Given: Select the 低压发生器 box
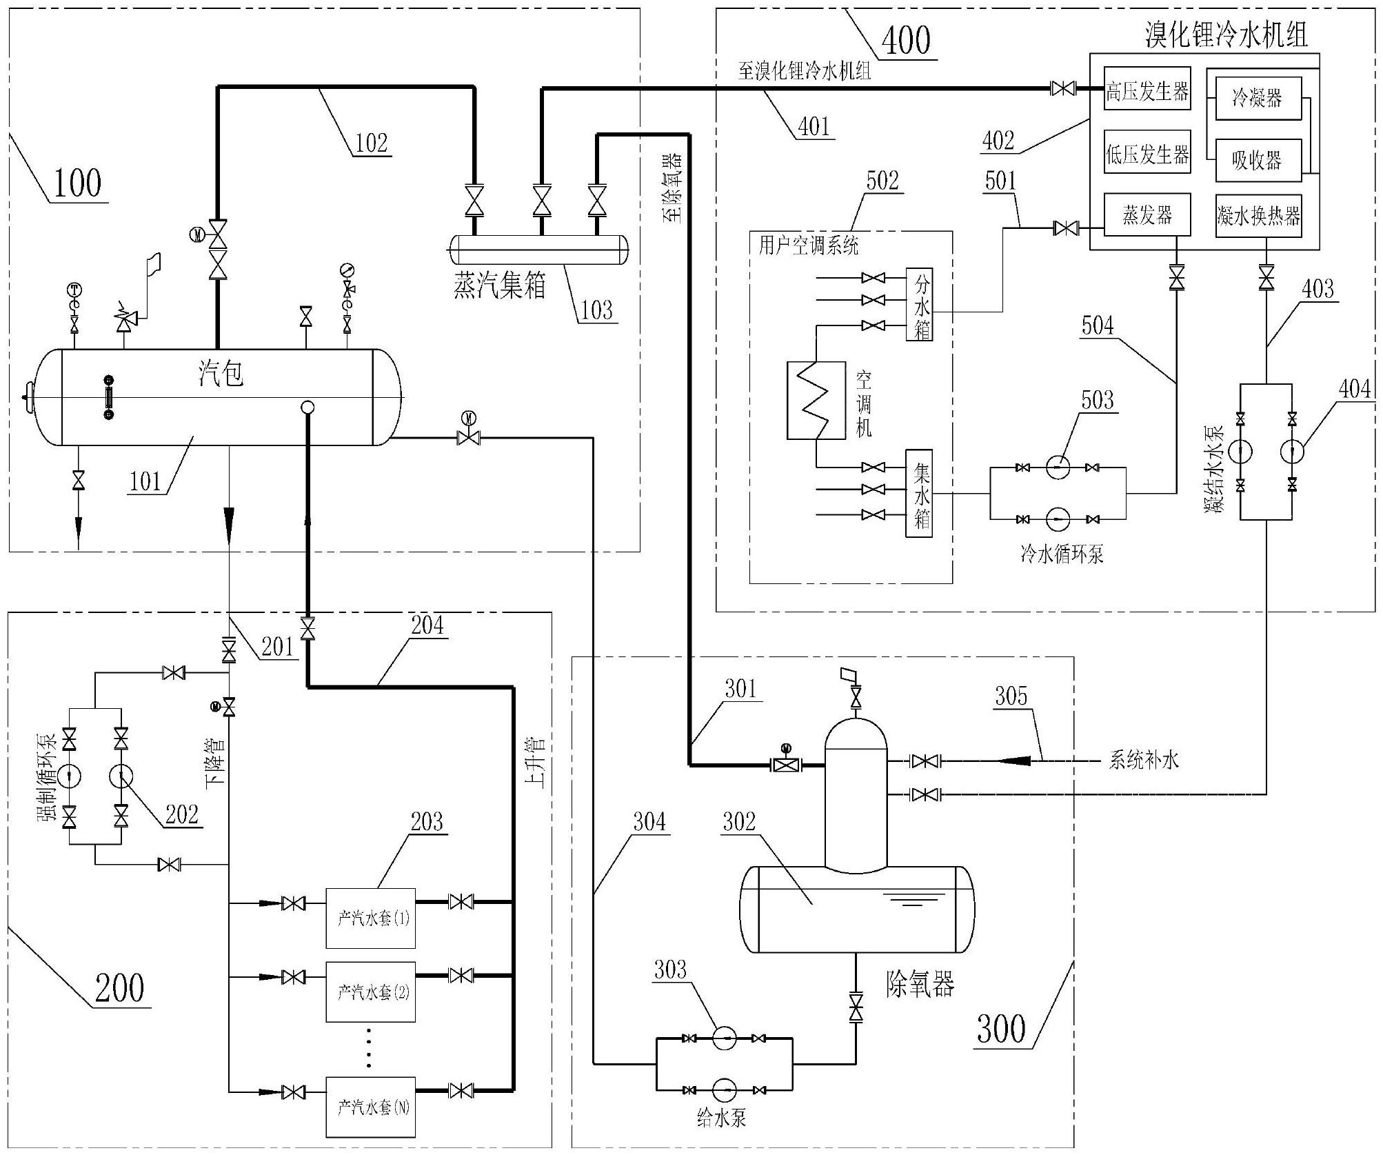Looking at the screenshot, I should [1147, 153].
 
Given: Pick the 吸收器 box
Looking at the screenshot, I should [1257, 160].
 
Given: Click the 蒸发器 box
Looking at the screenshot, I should [1147, 214].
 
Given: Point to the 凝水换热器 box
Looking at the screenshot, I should [1258, 216].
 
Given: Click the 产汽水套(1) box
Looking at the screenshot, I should [370, 918].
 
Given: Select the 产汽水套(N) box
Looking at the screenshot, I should [370, 1107].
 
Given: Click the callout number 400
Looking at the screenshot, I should [905, 40].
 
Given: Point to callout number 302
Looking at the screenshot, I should [739, 821].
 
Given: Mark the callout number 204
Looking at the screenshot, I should [427, 625].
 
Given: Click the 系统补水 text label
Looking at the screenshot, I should [1143, 761].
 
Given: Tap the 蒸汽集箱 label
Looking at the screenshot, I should [499, 285].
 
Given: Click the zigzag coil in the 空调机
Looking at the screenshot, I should [816, 400].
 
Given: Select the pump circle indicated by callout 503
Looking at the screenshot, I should [1058, 468].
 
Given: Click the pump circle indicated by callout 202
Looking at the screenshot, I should [121, 776].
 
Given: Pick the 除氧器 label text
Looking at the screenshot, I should [920, 984].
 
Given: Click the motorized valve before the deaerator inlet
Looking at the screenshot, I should [785, 764].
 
